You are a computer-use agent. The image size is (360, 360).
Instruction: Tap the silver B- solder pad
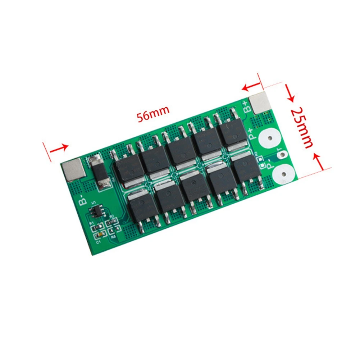click(73, 170)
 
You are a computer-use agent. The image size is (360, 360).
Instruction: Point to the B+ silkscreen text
click(248, 107)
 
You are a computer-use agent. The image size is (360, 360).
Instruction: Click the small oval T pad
click(283, 155)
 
